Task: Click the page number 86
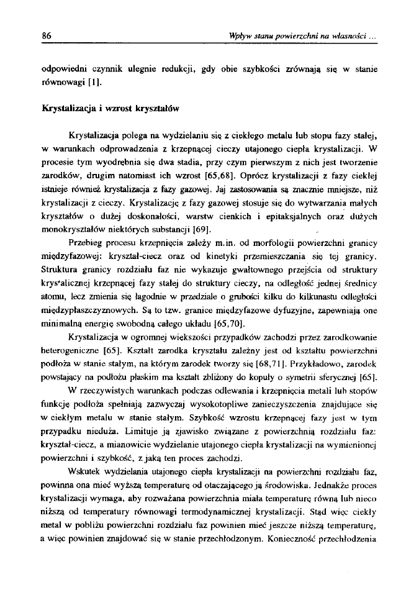click(46, 36)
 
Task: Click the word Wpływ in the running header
click(240, 36)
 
